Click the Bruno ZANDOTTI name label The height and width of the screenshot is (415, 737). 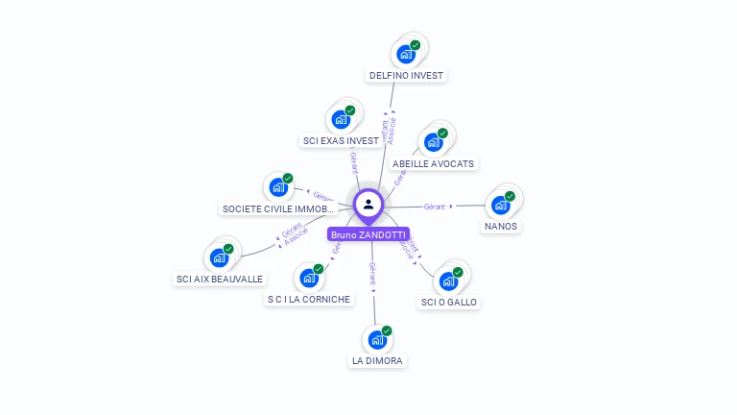[x=368, y=234]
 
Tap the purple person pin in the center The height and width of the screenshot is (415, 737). [x=368, y=204]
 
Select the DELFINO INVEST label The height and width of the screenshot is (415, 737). [x=408, y=75]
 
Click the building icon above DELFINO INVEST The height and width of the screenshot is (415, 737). [x=406, y=54]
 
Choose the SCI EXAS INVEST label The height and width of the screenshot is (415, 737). [x=341, y=140]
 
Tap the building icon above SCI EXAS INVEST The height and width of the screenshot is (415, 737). [x=341, y=119]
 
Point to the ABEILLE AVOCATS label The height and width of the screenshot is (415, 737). [x=434, y=163]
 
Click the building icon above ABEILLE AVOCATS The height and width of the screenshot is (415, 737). [x=434, y=142]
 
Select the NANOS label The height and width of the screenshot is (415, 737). [x=501, y=226]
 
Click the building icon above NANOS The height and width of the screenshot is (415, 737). [x=500, y=205]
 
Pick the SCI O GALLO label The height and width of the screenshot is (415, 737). [x=449, y=302]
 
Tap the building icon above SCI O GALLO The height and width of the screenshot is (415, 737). [x=448, y=281]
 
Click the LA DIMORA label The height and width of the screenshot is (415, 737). [x=378, y=361]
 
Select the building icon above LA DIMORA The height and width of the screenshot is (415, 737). [x=377, y=339]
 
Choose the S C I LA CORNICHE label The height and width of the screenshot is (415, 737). [x=309, y=299]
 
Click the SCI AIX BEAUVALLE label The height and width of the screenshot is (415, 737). [x=220, y=279]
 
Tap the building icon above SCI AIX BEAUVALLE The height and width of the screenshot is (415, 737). [x=220, y=257]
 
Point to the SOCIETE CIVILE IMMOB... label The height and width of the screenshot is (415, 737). [x=276, y=208]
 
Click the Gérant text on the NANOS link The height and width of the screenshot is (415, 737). [x=435, y=207]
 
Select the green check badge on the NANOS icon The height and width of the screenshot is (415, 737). [x=510, y=196]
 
